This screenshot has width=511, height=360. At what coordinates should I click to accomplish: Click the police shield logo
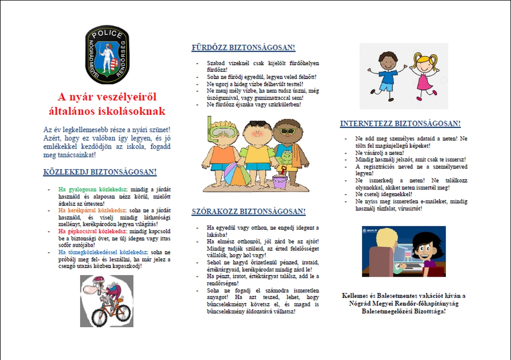pyautogui.click(x=109, y=54)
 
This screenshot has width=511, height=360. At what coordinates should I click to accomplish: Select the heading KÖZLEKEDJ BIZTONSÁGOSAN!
pyautogui.click(x=100, y=172)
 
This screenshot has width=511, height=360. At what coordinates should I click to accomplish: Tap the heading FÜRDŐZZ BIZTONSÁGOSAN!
pyautogui.click(x=244, y=48)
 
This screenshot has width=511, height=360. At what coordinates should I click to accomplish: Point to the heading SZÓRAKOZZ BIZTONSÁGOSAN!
pyautogui.click(x=249, y=211)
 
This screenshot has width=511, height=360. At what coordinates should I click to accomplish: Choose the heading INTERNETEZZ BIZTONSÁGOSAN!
pyautogui.click(x=400, y=124)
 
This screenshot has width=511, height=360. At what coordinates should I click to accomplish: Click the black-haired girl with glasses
pyautogui.click(x=424, y=251)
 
